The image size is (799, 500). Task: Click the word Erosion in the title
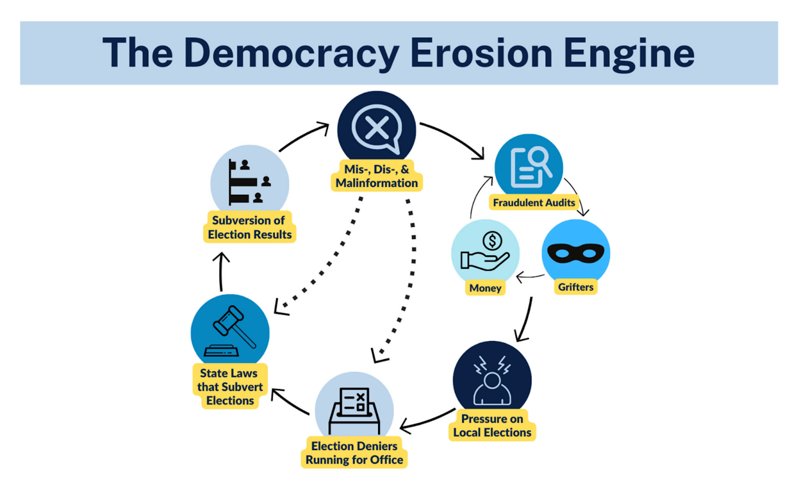[481, 53]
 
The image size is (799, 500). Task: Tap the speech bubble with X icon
[377, 128]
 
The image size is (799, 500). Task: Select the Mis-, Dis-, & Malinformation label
[377, 176]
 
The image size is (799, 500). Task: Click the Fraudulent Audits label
[534, 203]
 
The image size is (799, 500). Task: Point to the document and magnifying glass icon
[530, 167]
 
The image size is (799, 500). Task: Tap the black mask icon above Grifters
[576, 253]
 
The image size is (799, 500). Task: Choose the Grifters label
[576, 287]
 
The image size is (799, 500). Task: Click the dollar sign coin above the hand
[492, 241]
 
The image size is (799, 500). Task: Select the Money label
[485, 288]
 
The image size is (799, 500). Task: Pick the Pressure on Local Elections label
[492, 426]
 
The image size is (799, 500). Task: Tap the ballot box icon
[354, 411]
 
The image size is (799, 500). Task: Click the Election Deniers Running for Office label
[354, 453]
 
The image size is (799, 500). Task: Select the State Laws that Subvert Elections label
[230, 387]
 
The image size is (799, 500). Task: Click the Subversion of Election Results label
[249, 227]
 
